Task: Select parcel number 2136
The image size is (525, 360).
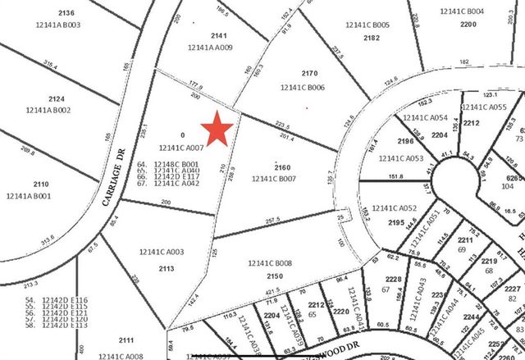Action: (66, 12)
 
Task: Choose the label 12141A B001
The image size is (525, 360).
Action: (29, 196)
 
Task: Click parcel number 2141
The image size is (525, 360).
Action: (217, 35)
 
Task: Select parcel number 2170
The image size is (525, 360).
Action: (308, 72)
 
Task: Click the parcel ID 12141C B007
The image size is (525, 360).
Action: (274, 178)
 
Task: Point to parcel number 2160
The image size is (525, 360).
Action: (281, 166)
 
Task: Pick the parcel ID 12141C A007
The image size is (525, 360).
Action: (178, 148)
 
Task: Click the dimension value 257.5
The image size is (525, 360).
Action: (272, 220)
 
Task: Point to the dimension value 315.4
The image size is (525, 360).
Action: (51, 66)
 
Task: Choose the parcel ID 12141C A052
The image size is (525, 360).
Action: (395, 208)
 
